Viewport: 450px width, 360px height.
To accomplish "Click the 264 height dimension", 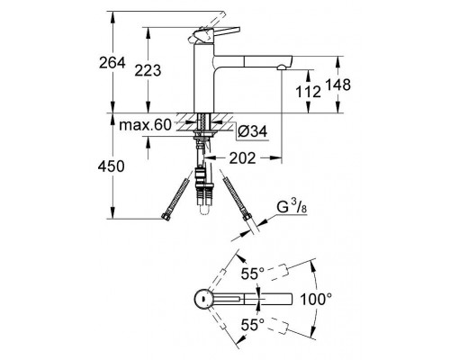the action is [x=112, y=63].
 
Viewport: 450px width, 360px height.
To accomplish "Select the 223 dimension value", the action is [x=148, y=71].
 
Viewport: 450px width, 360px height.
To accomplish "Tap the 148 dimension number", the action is [x=337, y=85].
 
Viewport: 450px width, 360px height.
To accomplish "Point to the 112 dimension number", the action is [x=308, y=91].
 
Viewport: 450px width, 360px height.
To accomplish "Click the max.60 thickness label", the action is [x=145, y=124].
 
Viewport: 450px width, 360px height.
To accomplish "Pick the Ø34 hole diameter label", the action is [x=252, y=131].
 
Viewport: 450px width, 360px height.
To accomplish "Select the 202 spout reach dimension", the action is [x=242, y=158].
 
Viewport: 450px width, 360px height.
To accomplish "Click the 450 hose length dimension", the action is [x=111, y=166].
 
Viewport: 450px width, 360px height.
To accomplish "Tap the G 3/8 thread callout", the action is [x=292, y=208].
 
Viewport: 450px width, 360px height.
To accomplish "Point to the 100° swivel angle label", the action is [x=316, y=299].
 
